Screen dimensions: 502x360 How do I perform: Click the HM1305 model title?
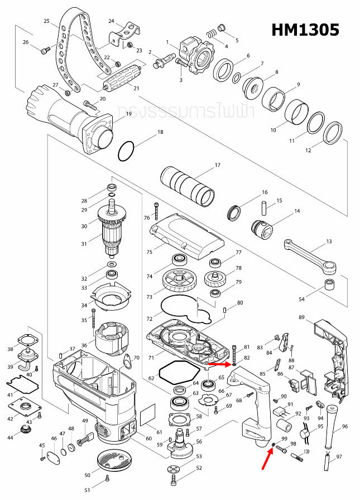(305, 30)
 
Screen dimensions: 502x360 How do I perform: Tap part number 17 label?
(218, 165)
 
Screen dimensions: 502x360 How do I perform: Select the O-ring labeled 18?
(126, 150)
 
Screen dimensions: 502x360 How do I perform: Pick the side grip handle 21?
(121, 75)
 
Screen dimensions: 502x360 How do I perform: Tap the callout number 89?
(301, 317)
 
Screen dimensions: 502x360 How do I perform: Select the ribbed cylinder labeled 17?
(188, 185)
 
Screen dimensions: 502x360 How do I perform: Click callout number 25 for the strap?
(47, 21)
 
